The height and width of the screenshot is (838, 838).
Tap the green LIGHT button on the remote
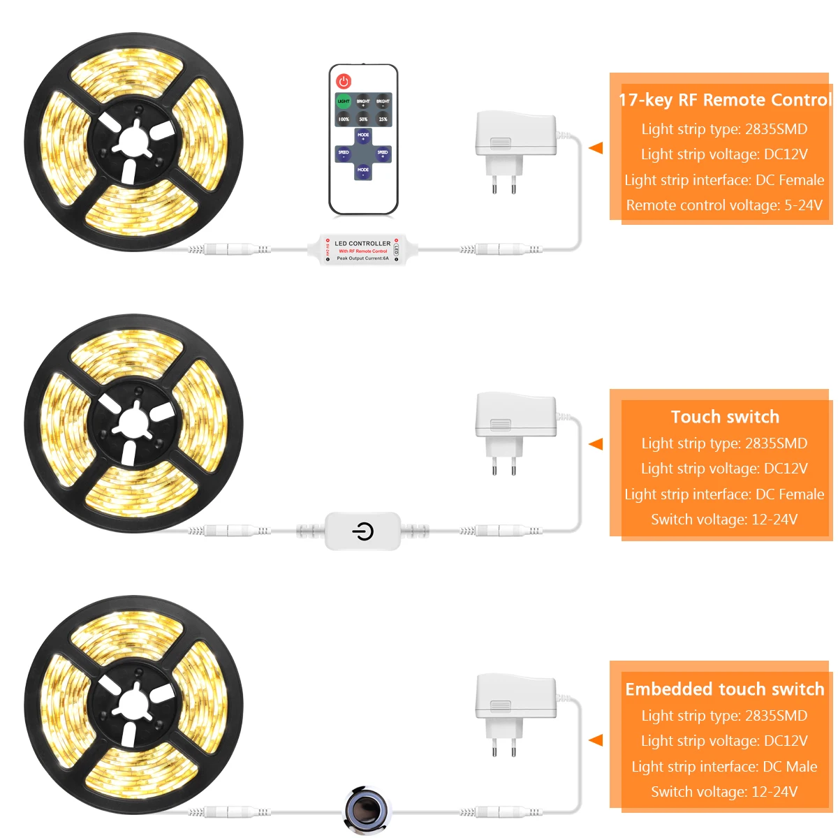pyautogui.click(x=344, y=102)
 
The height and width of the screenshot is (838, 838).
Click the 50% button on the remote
pyautogui.click(x=363, y=119)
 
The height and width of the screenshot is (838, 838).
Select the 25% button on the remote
pyautogui.click(x=383, y=119)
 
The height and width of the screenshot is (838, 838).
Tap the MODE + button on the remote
pyautogui.click(x=363, y=135)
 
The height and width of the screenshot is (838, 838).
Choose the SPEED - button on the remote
pyautogui.click(x=344, y=154)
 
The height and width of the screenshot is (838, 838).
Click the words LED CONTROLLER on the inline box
pyautogui.click(x=362, y=244)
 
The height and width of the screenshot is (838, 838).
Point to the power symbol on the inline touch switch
pyautogui.click(x=362, y=532)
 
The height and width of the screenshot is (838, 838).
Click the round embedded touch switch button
pyautogui.click(x=365, y=810)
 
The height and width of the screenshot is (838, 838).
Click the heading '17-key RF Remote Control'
pyautogui.click(x=725, y=100)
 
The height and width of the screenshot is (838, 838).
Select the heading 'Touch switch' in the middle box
pyautogui.click(x=725, y=417)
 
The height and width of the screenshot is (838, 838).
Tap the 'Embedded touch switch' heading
pyautogui.click(x=725, y=689)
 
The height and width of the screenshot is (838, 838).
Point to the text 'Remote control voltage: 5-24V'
pyautogui.click(x=724, y=205)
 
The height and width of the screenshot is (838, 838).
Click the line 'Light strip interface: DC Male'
pyautogui.click(x=724, y=767)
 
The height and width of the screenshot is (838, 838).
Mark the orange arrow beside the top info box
pyautogui.click(x=596, y=148)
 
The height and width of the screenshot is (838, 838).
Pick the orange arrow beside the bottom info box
pyautogui.click(x=596, y=740)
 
